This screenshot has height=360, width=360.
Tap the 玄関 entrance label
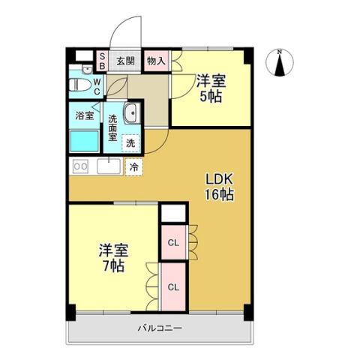coord(125,61)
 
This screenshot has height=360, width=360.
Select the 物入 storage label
coord(155,61)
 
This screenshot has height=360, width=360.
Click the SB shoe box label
coord(103,61)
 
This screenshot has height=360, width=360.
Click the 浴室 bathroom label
coord(84,115)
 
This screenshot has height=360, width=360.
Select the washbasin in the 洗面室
coord(129,115)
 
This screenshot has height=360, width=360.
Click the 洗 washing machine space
coord(130,142)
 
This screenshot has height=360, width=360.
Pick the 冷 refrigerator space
coord(133,166)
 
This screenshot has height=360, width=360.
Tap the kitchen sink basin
coord(108,166)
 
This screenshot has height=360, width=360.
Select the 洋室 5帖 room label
coord(210,88)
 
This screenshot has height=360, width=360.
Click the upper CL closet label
coord(172,242)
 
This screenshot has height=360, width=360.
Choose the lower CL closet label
coord(172,286)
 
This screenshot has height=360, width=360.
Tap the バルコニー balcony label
coord(160,328)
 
